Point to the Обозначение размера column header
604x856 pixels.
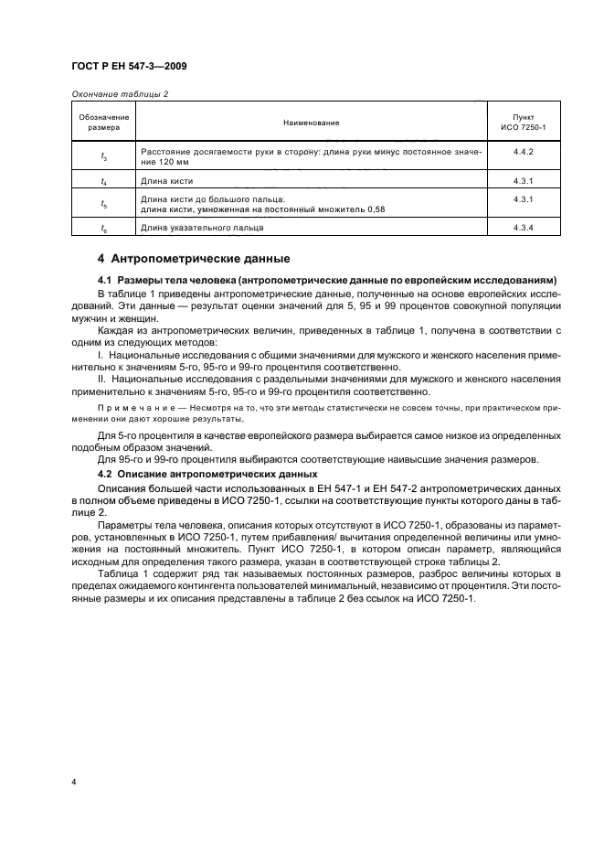tap(103, 122)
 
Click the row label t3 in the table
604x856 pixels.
tap(103, 156)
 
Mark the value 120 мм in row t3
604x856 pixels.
tap(156, 161)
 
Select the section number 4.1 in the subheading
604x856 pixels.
tap(103, 278)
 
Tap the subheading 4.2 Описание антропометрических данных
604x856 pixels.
tap(207, 474)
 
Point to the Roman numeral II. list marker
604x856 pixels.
tap(101, 376)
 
